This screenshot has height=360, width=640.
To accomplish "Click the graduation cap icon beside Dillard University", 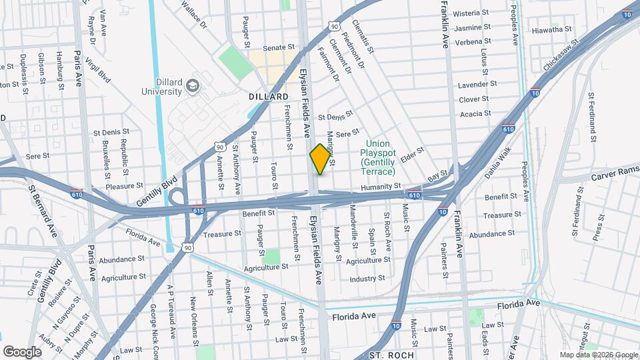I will tap(193, 85).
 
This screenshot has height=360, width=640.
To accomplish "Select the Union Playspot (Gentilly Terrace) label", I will tap(383, 157).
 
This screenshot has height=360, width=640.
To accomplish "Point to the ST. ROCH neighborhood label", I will tap(388, 355).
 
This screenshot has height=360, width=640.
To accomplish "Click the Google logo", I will tap(22, 351).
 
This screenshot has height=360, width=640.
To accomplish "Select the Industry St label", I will tap(367, 279).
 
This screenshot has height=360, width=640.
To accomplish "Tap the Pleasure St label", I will tap(124, 186).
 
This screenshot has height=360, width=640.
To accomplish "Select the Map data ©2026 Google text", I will tap(598, 355).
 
